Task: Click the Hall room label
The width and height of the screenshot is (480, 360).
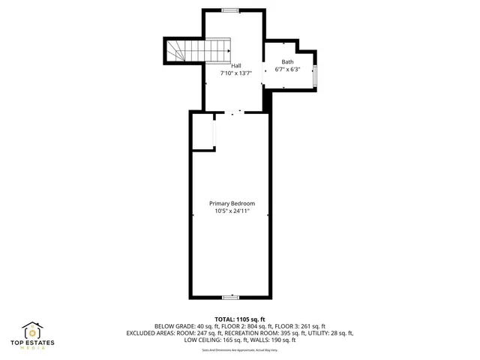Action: (x=236, y=66)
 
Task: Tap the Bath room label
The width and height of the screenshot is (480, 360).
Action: (x=287, y=62)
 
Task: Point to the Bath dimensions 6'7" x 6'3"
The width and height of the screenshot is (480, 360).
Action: (x=287, y=70)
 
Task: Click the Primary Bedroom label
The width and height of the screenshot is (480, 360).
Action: (x=232, y=203)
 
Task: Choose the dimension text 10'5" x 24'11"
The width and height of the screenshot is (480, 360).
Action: (x=232, y=211)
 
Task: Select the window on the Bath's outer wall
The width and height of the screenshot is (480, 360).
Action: (x=315, y=76)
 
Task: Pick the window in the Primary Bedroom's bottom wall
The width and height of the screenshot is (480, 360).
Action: (x=232, y=297)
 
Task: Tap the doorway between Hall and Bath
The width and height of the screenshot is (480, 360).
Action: (x=262, y=73)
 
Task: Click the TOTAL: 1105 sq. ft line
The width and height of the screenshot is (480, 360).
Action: (x=240, y=319)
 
